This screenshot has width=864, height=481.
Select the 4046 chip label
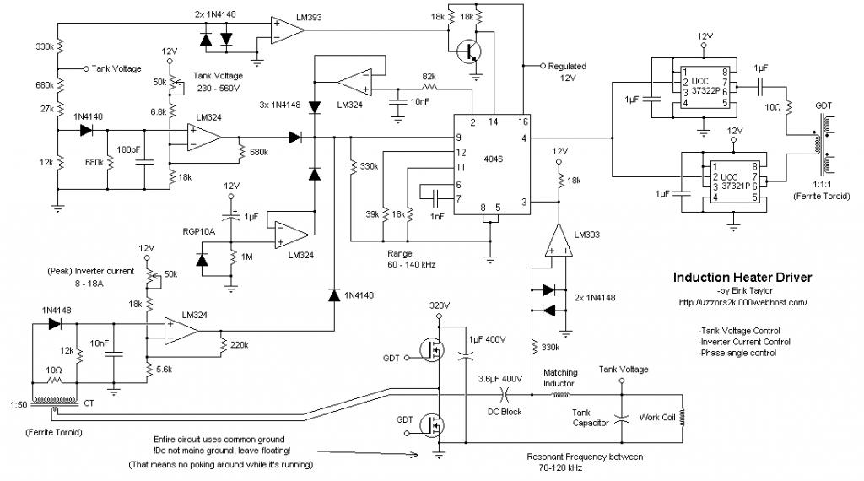coord(493,159)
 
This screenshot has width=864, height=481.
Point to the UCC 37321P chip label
coord(736,181)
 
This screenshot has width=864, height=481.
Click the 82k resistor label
coord(429,76)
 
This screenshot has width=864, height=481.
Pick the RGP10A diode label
coord(199,231)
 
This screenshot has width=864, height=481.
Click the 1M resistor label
coord(246,257)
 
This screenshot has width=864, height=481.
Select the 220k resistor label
coord(239,345)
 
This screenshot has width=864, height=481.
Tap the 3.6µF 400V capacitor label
coord(499,379)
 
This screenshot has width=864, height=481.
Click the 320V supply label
coord(440,305)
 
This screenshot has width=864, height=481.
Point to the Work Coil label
coord(656,417)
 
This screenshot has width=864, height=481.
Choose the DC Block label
coord(505,412)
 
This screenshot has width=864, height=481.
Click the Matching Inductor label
coord(560,378)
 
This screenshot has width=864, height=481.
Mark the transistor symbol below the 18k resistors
coord(469,52)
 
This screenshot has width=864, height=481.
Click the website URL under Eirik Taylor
coord(743,302)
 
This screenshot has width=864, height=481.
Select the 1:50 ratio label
coord(19,404)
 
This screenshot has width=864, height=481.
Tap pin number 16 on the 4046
coord(523,122)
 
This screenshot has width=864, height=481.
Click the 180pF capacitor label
coord(128,149)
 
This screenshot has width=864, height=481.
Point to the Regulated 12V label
coord(567,72)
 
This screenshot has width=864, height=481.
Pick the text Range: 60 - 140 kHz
coord(411,259)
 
